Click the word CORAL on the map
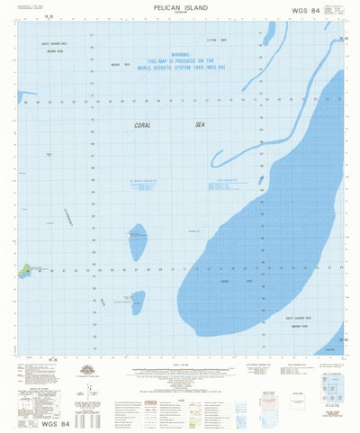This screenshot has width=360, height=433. tap(143, 127)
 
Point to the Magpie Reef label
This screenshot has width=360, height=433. tap(121, 65)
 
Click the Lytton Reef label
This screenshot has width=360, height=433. tap(212, 41)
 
